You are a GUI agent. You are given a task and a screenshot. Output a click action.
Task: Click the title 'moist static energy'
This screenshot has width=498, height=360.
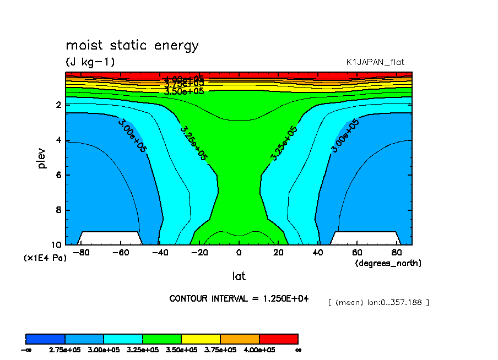[x=132, y=46]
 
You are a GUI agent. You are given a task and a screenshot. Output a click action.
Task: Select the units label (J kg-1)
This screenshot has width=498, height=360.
[x=90, y=62]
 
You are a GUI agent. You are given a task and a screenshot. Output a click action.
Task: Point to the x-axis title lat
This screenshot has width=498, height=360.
[x=239, y=276]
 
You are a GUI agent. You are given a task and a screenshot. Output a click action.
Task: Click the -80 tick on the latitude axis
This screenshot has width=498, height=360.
[x=81, y=253]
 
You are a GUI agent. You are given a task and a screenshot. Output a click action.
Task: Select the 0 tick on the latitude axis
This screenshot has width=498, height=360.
[x=239, y=253]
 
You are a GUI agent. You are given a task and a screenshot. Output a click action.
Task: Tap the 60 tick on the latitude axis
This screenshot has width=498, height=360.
[x=356, y=253]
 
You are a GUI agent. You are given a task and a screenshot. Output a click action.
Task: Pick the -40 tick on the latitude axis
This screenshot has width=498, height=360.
[x=160, y=253]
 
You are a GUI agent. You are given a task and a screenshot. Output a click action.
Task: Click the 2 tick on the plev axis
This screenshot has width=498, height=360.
[x=58, y=105]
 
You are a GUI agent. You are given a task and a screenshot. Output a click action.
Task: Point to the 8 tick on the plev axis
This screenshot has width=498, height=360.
[x=58, y=210]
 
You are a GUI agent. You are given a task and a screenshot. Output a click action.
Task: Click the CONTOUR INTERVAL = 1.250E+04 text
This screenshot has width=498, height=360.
[x=239, y=298]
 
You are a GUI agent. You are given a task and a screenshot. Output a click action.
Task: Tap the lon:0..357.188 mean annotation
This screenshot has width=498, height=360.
[x=378, y=302]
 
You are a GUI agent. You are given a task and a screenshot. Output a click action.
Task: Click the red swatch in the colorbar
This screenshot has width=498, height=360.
[x=278, y=339]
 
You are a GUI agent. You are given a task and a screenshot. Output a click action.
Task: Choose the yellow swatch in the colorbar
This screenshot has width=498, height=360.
[x=201, y=339]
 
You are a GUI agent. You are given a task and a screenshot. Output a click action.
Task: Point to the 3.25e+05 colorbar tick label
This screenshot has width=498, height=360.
[x=142, y=350]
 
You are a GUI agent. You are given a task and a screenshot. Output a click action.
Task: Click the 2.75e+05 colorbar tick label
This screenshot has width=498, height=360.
[x=65, y=350]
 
